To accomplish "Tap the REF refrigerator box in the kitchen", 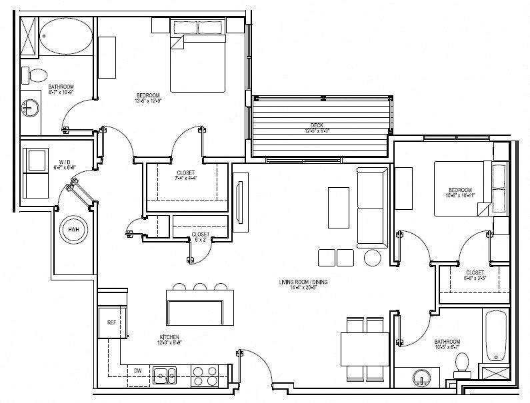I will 111,322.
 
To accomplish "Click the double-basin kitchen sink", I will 163,376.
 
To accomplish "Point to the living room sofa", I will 372,206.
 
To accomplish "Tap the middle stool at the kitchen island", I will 200,287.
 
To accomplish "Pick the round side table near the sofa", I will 371,257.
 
